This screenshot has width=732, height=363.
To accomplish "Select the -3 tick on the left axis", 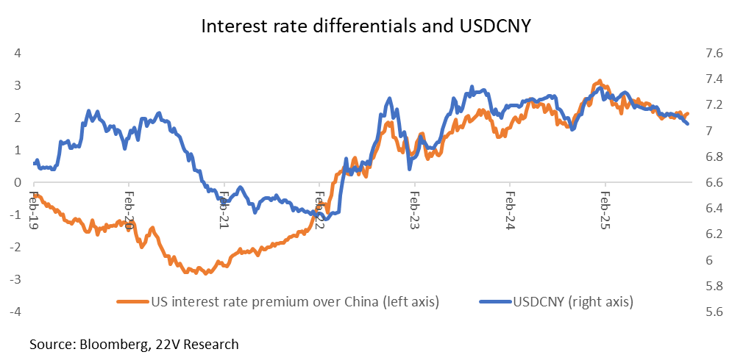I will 14,279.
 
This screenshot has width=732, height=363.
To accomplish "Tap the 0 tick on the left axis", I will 16,182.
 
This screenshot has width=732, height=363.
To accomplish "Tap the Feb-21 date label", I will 224,213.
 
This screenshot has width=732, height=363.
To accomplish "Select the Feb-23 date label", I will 415,213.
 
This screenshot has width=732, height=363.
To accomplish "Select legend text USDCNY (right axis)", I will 575,301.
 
